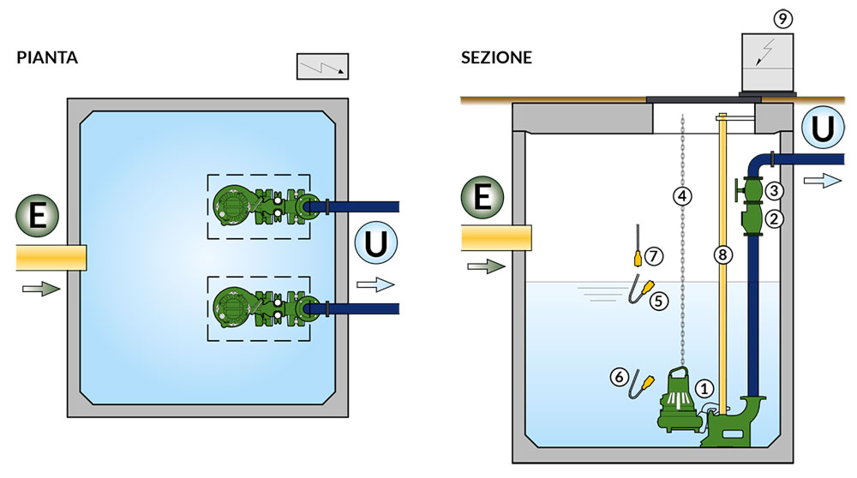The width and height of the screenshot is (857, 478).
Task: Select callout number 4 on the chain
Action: [682, 196]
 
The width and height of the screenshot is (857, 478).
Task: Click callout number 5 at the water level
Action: [658, 302]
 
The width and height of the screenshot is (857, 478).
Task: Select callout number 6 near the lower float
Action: [618, 375]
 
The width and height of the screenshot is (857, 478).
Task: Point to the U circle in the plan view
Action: [375, 244]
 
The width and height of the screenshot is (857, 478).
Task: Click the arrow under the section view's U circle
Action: [824, 181]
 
